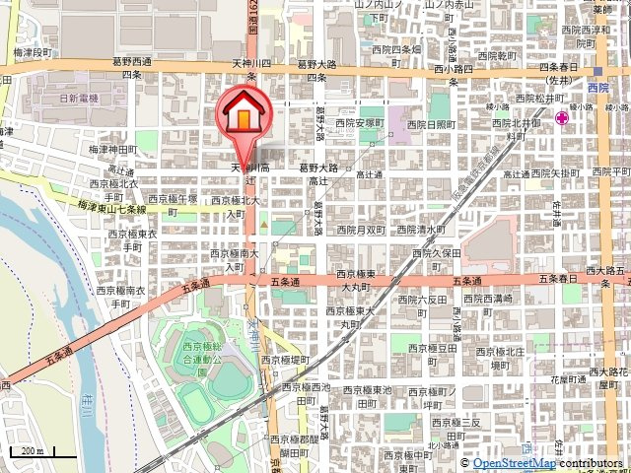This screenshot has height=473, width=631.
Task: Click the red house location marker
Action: pyautogui.click(x=242, y=117)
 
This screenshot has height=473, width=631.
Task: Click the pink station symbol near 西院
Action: pyautogui.click(x=561, y=118)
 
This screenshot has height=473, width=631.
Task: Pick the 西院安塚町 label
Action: pyautogui.click(x=358, y=123)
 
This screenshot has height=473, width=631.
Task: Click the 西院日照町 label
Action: pyautogui.click(x=428, y=124)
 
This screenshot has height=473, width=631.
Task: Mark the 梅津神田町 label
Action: pyautogui.click(x=112, y=149)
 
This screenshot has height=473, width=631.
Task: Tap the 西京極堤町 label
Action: pyautogui.click(x=286, y=361)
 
